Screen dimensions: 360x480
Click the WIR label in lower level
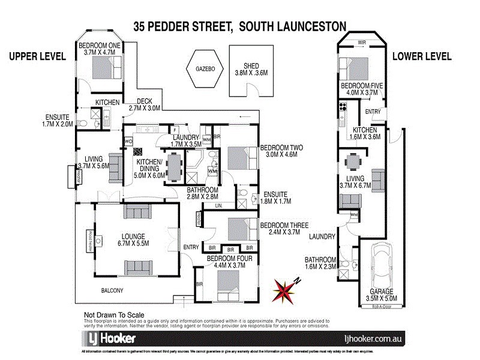(362, 43)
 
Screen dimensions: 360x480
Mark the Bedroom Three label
(283, 229)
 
